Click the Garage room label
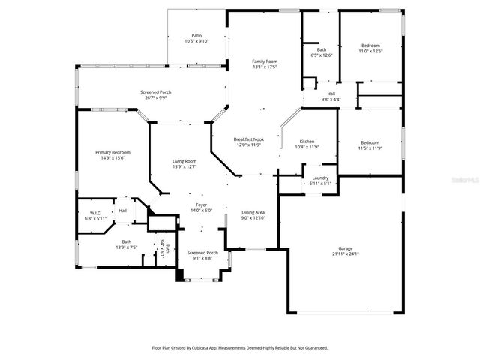click(x=345, y=248)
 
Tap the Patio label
click(x=196, y=35)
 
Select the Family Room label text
click(x=265, y=61)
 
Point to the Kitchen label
click(x=307, y=141)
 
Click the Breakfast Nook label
click(x=247, y=139)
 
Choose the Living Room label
click(x=184, y=161)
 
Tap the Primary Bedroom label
click(x=109, y=152)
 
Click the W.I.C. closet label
click(x=95, y=213)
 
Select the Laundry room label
click(x=320, y=178)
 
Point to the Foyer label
click(x=202, y=205)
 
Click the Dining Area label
click(x=253, y=212)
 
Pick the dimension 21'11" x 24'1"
click(x=345, y=254)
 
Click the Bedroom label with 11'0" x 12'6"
click(x=370, y=46)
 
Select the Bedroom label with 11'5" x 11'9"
click(x=370, y=142)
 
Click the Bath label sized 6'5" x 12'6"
click(x=321, y=49)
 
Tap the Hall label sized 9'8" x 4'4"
click(x=331, y=94)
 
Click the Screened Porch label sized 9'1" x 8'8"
click(x=202, y=253)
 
